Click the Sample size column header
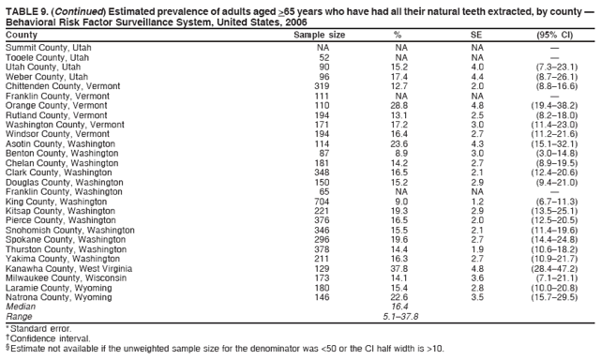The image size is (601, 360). [319, 35]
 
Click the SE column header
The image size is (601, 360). [476, 35]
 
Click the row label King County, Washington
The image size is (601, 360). [56, 201]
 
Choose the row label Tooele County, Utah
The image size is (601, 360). [48, 57]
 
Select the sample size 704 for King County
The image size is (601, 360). [322, 201]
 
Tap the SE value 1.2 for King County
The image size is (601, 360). [476, 201]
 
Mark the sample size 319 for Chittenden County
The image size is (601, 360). [322, 86]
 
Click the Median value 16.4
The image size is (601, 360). [399, 307]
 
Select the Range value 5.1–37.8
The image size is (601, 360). [399, 316]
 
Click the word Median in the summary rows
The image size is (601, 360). [21, 307]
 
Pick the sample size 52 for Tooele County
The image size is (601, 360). [324, 57]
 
